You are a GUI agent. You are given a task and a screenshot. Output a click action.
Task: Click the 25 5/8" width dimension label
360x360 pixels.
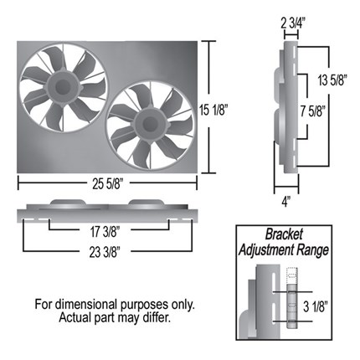[107, 184]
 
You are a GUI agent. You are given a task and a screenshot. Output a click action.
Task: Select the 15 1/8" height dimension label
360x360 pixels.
[214, 110]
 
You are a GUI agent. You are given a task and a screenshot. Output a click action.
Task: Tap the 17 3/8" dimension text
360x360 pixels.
[105, 232]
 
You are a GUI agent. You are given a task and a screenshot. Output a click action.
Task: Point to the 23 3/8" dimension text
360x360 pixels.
[105, 253]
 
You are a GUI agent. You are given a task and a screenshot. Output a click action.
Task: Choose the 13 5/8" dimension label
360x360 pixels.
[332, 80]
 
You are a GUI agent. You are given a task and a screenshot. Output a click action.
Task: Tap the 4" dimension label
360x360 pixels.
[285, 202]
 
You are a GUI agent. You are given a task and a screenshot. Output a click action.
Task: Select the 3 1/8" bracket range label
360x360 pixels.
[315, 307]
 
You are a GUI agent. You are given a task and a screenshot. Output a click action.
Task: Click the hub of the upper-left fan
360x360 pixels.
[63, 87]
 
